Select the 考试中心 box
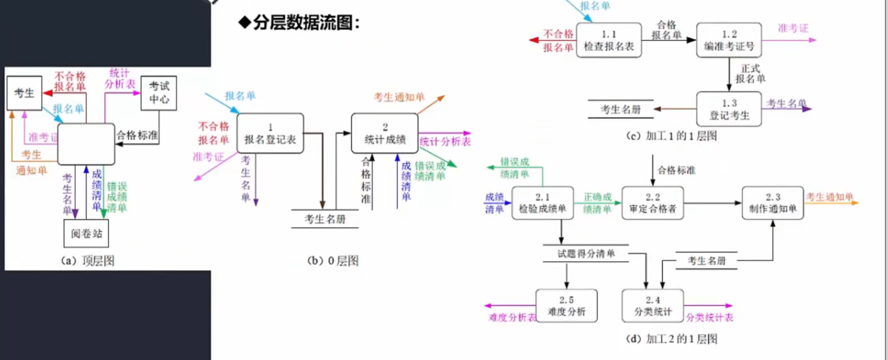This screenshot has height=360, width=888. coord(158,92)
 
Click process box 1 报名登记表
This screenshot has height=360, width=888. coord(270,133)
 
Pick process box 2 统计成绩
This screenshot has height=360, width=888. coord(384,133)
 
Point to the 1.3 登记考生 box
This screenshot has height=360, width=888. coord(729,110)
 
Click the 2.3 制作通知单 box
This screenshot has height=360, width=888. coord(772,203)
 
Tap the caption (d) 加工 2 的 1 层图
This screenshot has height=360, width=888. coord(672,339)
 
